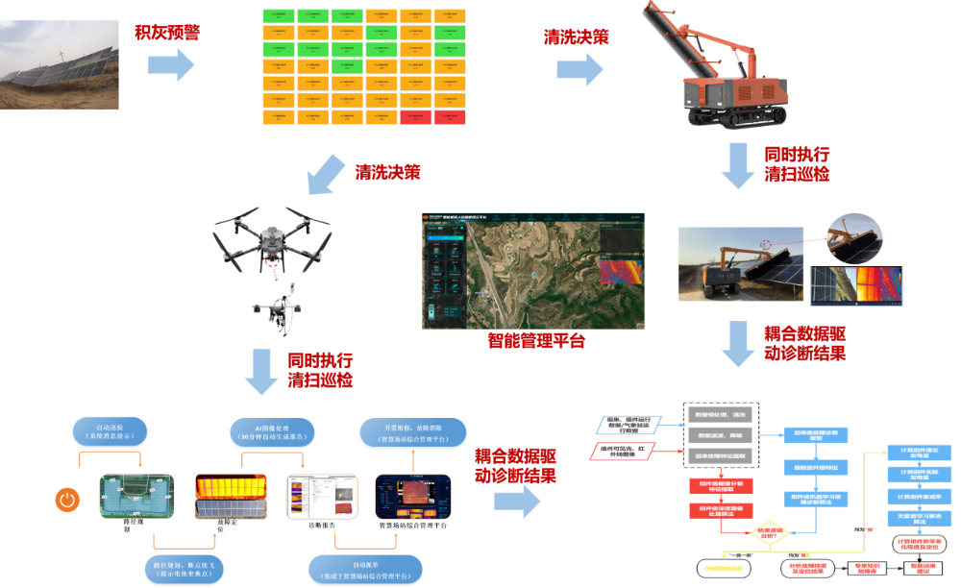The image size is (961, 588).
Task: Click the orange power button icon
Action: pos(66,499)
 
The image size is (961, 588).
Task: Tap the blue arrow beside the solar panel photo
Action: pos(170,64)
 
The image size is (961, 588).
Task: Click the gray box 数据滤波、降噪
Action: pos(724,435)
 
